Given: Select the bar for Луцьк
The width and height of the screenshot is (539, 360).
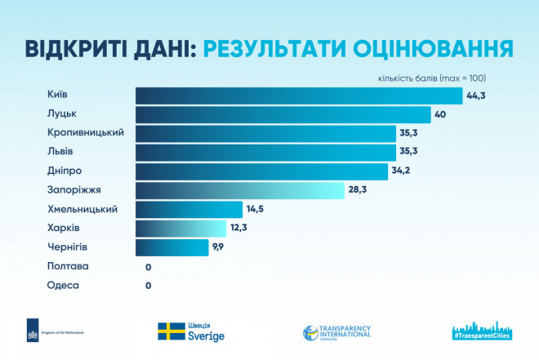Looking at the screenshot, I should click(283, 114).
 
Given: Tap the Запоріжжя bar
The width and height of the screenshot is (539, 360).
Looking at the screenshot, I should click(240, 190).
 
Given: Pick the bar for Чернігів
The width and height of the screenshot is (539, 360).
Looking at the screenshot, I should click(171, 247).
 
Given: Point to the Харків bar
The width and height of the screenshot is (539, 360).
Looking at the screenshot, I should click(180, 229).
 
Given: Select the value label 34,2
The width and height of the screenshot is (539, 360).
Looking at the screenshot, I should click(402, 171).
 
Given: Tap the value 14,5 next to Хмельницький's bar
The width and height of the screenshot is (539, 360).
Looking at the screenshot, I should click(256, 210).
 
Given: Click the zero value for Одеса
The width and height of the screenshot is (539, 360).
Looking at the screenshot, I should click(148, 286).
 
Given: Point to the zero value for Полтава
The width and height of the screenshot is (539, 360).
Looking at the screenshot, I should click(148, 267).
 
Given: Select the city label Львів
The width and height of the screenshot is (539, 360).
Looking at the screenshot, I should click(60, 152).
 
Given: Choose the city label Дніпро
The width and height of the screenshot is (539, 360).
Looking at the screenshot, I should click(65, 171).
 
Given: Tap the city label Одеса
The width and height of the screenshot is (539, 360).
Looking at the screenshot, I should click(63, 285).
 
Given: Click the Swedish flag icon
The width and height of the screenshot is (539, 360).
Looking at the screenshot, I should click(171, 331).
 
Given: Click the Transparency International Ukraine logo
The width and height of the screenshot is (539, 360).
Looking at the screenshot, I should click(336, 332).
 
